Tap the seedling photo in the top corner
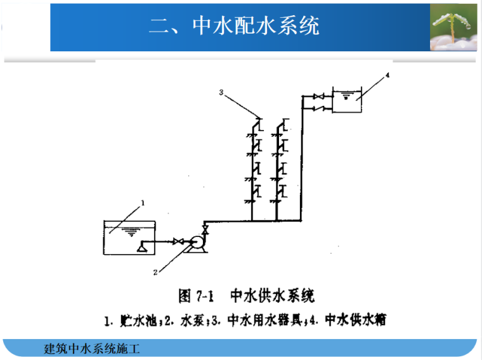tap(453, 27)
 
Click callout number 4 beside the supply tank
tap(388, 75)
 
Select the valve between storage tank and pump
tap(179, 241)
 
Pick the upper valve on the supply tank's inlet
tap(319, 96)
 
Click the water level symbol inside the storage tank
tap(131, 233)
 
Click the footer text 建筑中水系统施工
tap(91, 349)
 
